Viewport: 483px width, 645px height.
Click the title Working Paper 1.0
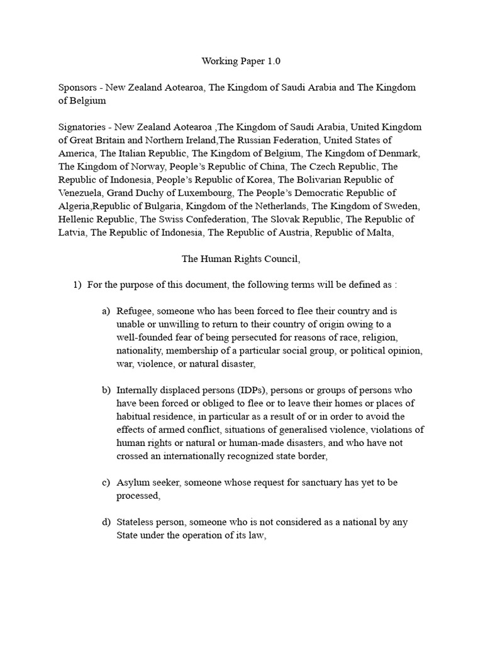click(241, 61)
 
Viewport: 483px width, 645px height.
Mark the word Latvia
click(72, 232)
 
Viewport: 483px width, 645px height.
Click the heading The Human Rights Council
click(241, 258)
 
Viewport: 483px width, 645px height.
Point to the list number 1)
click(77, 285)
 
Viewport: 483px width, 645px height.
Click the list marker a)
click(106, 311)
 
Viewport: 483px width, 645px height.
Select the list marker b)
click(106, 391)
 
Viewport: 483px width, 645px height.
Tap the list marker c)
click(106, 482)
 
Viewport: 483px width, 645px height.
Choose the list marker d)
click(106, 522)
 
